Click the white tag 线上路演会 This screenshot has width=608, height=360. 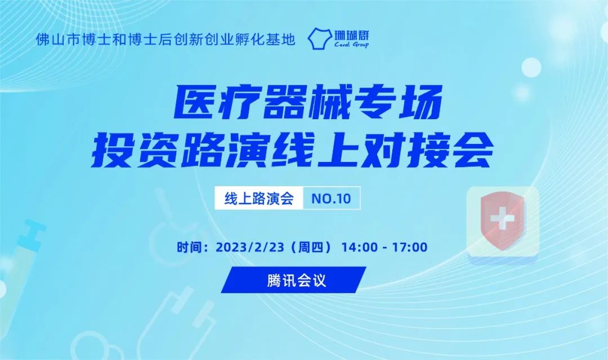point(259,199)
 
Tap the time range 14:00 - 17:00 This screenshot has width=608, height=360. point(388,247)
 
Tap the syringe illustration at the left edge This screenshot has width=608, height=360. point(23,247)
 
